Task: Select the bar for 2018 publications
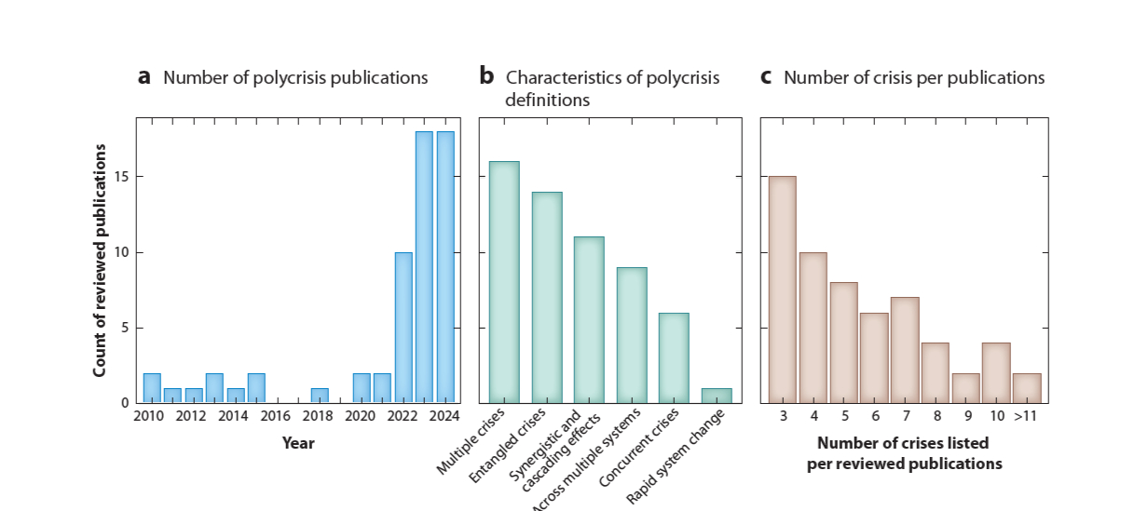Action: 320,396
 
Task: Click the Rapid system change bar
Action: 717,396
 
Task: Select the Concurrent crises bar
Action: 675,358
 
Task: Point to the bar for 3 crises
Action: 782,289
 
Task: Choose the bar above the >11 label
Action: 1027,388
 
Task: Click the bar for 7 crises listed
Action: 904,350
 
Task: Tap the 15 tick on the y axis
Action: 123,177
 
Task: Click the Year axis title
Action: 298,443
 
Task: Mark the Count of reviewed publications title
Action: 100,261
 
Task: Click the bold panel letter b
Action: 486,77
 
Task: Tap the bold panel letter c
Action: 766,77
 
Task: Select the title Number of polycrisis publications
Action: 295,78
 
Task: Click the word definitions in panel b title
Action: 548,101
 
